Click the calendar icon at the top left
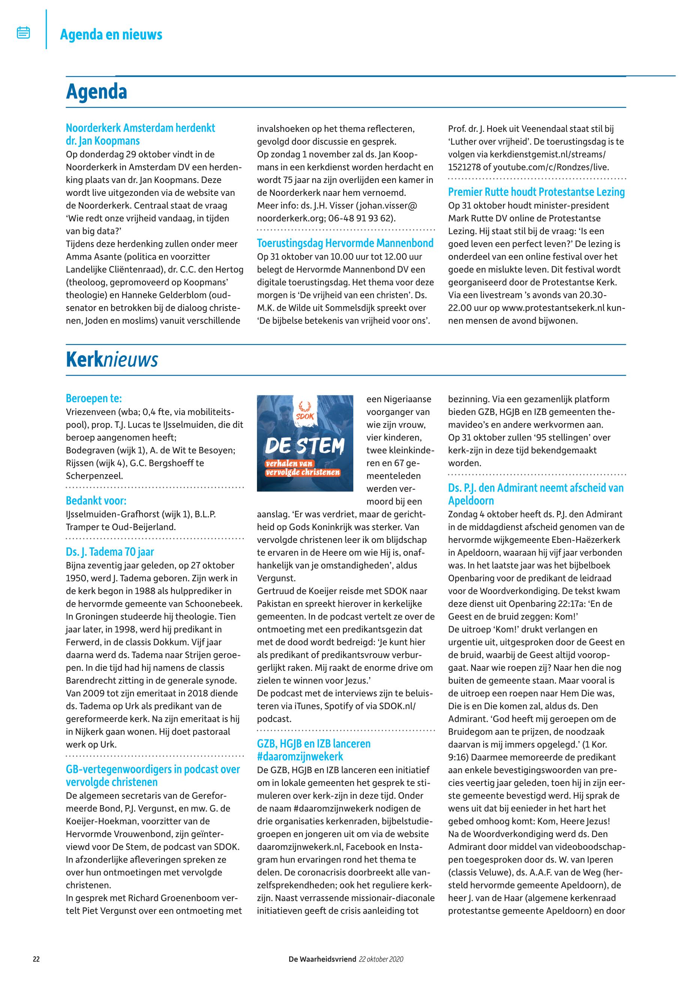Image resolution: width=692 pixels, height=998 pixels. (23, 33)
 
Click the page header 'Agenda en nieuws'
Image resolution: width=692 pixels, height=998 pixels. (111, 34)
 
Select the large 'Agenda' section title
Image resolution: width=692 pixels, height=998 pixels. (96, 92)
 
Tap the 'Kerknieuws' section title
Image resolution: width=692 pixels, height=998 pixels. (112, 359)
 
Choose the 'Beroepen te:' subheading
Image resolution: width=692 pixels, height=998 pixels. (94, 398)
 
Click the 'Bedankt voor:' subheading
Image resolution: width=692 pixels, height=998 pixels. (96, 501)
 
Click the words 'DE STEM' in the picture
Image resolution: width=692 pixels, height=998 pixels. (305, 445)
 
